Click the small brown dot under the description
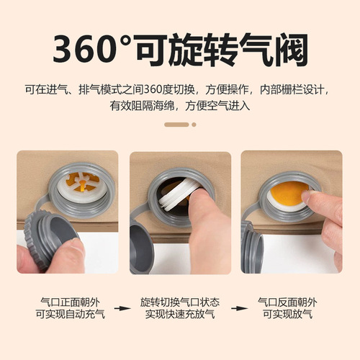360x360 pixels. pos(194,125)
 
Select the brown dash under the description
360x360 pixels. pos(176,125)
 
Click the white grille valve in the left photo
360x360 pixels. pos(81,186)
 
